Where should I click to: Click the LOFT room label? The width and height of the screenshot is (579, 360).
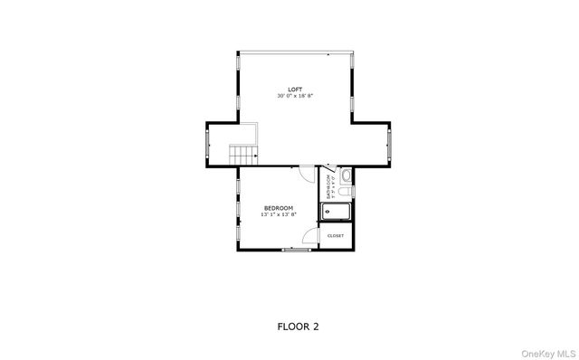pos(295,89)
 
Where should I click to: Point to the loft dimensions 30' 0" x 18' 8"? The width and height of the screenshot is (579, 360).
pos(295,95)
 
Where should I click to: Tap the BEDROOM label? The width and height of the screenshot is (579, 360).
pos(278,208)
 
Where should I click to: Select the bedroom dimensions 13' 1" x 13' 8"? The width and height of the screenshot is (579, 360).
pos(278,214)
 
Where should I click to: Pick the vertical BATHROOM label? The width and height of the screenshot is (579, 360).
pos(328,189)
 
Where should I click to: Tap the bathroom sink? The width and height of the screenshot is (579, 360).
pos(346,175)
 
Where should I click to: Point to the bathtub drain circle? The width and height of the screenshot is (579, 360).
pos(327,213)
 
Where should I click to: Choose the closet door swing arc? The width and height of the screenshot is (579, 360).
pos(312,237)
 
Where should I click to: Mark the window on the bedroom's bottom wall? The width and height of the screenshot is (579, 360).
pos(295,250)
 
